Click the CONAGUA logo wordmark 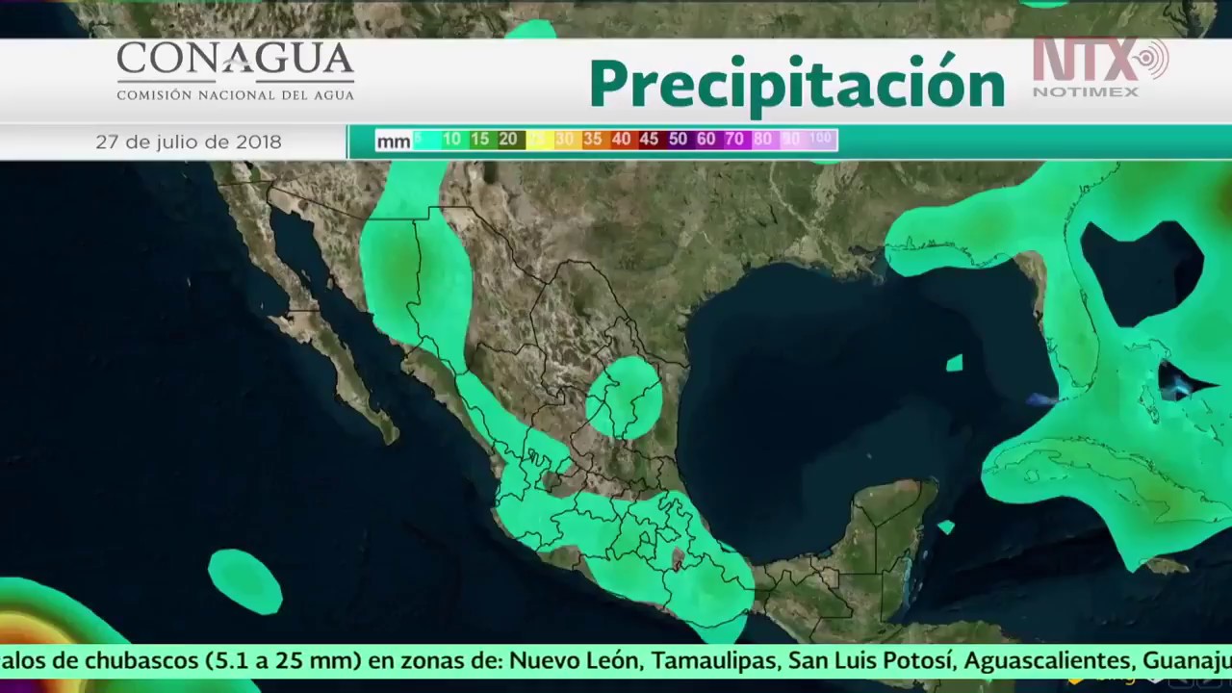[235, 60]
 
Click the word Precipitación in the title [797, 85]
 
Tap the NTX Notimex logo [1099, 66]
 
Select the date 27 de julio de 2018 [189, 142]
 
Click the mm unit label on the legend [393, 141]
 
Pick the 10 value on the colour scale [451, 141]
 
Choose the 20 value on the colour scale [508, 141]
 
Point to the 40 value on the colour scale [621, 141]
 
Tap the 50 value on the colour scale [678, 141]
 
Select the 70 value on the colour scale [734, 141]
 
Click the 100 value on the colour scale [820, 140]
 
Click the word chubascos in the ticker [143, 661]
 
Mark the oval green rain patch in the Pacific [245, 580]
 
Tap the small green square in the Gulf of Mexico [954, 363]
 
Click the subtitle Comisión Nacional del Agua [235, 94]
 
